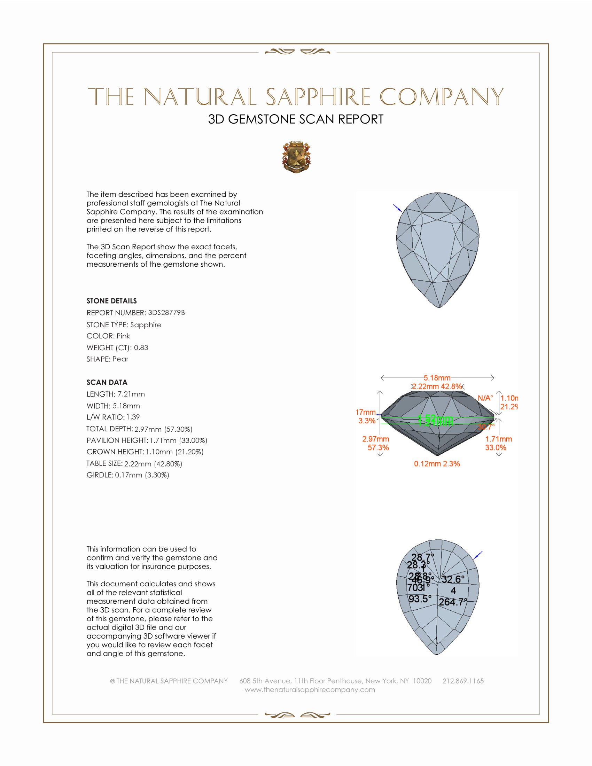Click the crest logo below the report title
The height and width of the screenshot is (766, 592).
(x=296, y=157)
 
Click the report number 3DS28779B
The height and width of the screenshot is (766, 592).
(x=166, y=313)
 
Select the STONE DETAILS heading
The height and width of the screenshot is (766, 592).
(x=111, y=301)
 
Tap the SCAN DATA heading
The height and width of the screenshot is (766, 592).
(x=107, y=382)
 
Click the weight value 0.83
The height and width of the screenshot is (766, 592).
(x=141, y=347)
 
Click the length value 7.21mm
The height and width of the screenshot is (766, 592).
(x=131, y=394)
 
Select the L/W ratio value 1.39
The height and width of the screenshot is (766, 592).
(x=133, y=417)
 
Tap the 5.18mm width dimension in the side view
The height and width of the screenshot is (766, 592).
(x=437, y=378)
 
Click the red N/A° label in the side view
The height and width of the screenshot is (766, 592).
(x=485, y=398)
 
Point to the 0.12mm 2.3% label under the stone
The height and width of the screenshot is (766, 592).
(x=437, y=464)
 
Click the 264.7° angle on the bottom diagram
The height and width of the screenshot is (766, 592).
(x=453, y=602)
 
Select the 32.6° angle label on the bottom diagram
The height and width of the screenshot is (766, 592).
(x=453, y=579)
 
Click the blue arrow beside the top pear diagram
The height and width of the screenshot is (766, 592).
(x=398, y=208)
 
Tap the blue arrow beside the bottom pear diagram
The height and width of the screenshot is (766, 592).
(x=478, y=556)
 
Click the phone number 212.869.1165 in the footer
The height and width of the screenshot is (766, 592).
(x=463, y=681)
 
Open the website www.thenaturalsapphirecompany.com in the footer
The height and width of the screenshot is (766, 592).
(x=310, y=690)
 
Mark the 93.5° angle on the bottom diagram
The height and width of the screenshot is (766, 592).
(x=420, y=599)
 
